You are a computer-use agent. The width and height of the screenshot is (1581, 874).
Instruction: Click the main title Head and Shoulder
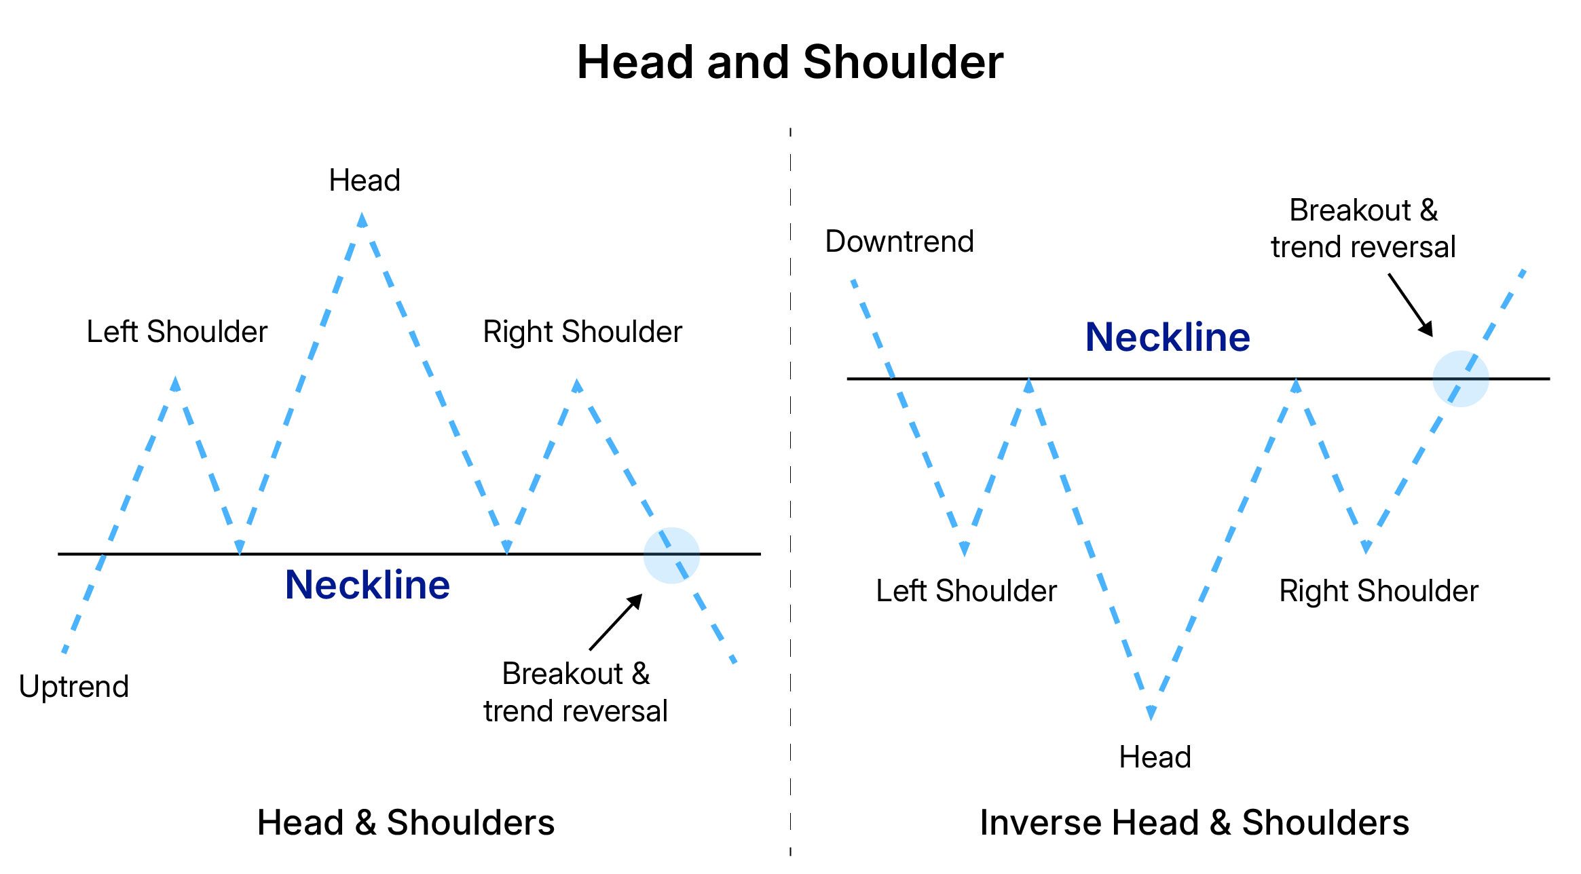[789, 62]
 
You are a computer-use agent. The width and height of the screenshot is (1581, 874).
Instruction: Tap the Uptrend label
[74, 687]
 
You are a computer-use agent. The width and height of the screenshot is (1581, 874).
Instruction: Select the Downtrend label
[899, 242]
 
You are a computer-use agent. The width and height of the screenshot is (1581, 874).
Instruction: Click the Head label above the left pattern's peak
[365, 180]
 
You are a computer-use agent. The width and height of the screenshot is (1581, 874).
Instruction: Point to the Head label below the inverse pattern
[1155, 757]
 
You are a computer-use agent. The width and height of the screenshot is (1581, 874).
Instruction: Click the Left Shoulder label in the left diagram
[177, 332]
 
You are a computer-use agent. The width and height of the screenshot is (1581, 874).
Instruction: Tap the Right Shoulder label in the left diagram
[582, 332]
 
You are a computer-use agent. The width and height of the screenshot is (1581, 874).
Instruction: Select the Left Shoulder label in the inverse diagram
[966, 591]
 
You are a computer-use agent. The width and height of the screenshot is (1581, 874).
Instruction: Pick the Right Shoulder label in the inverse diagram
[1379, 591]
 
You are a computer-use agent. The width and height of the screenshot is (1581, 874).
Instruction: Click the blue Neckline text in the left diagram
[367, 585]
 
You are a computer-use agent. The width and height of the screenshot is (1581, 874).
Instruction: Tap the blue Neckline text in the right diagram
[1168, 337]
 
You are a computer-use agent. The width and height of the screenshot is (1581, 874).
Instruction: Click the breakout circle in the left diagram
[671, 555]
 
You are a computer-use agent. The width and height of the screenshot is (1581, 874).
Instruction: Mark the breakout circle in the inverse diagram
[1460, 379]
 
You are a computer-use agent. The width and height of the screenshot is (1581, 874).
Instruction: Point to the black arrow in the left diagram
[616, 622]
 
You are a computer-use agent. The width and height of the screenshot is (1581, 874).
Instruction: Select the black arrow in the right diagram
[1411, 305]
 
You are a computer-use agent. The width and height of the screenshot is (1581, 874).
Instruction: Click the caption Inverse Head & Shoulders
[1194, 823]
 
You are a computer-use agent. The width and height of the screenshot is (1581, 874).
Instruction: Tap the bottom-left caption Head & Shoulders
[406, 823]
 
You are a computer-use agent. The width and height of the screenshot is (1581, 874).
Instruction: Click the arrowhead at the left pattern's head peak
[362, 220]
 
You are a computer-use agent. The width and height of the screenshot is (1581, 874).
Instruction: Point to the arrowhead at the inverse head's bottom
[1151, 712]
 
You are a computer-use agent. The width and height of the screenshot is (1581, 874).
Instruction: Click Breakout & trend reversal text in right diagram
[1363, 229]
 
